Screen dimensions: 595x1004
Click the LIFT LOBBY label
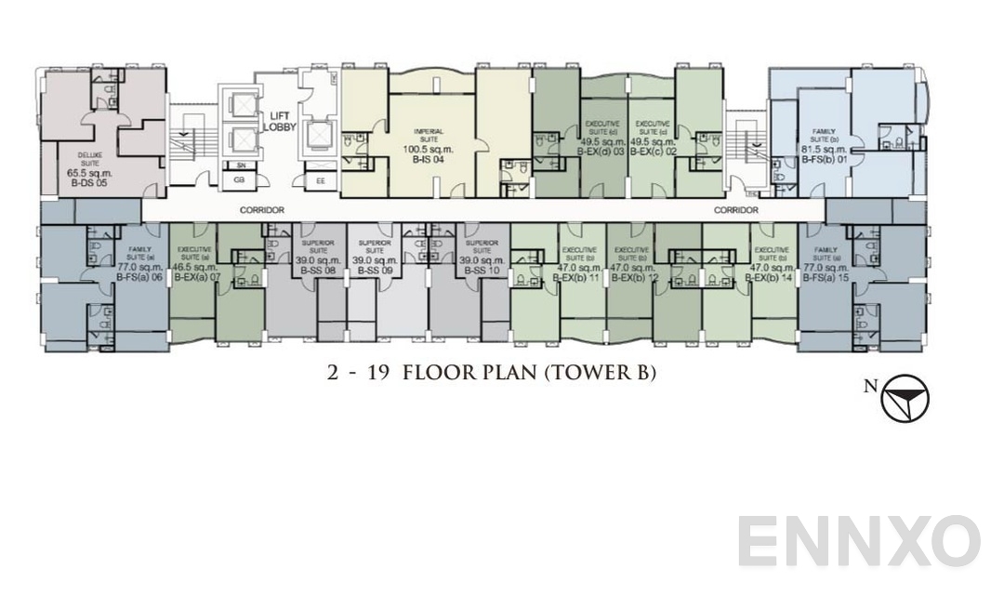click(x=280, y=121)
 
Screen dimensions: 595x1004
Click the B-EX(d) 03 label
click(x=601, y=150)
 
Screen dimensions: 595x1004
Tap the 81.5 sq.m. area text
click(x=824, y=149)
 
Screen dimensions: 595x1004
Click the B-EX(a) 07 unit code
click(x=195, y=276)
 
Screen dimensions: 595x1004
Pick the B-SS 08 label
click(x=317, y=271)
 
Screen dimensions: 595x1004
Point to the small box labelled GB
click(x=239, y=179)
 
